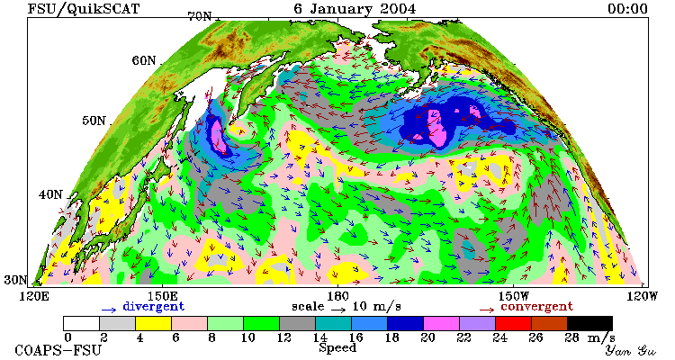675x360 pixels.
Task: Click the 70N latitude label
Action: click(200, 16)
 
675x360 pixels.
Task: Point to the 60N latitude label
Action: click(144, 60)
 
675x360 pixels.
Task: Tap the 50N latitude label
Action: click(94, 121)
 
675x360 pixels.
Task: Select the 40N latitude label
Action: click(50, 194)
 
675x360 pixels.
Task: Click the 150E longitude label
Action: click(162, 297)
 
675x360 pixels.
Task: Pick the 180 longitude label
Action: click(337, 297)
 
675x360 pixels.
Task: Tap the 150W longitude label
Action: click(513, 297)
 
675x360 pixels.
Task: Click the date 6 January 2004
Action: click(355, 9)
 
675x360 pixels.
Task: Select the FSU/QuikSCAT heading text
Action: click(84, 9)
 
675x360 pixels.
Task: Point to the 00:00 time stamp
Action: click(627, 9)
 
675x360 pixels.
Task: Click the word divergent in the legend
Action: click(154, 307)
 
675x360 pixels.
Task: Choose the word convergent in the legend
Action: click(536, 307)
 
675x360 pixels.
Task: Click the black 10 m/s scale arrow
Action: click(338, 310)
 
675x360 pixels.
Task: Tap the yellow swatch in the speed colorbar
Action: click(153, 323)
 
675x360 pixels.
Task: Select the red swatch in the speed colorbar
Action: click(513, 323)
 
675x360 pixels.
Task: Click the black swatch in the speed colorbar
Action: click(589, 323)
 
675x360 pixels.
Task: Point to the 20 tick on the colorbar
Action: click(427, 337)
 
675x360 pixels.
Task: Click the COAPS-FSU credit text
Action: click(58, 350)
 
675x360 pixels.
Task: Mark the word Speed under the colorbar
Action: click(337, 348)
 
